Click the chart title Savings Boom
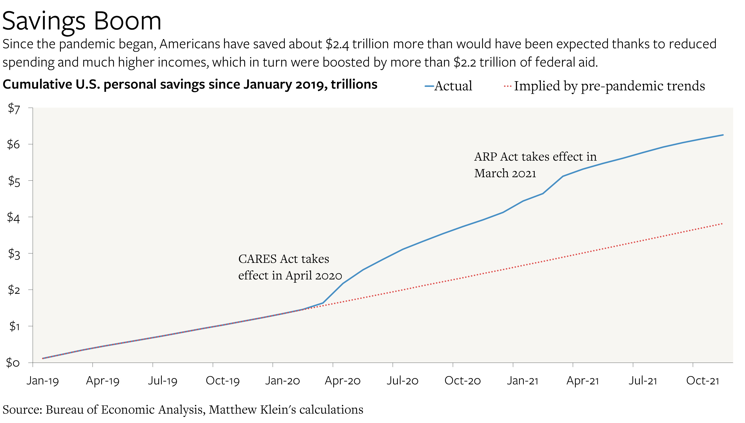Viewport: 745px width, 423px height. pos(82,21)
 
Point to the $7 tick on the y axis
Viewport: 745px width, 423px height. pos(14,108)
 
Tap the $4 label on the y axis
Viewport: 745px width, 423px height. pos(14,217)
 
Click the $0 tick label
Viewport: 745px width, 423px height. pos(13,363)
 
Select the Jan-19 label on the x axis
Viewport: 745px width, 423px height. pos(43,381)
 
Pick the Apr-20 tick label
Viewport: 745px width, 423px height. pos(343,381)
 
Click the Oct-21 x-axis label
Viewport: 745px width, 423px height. pos(703,381)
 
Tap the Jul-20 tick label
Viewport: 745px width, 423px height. pos(402,381)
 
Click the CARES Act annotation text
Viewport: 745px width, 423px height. pos(290,267)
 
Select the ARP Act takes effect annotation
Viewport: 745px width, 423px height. pos(535,165)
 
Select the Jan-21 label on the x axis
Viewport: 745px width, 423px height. pos(523,381)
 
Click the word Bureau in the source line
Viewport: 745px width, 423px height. pos(64,410)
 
